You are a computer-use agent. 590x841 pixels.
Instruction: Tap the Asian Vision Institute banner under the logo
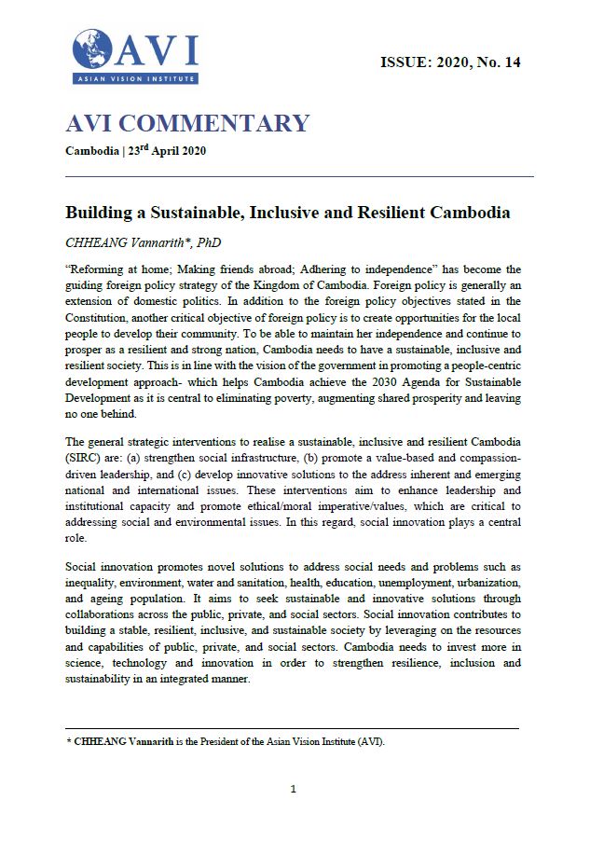(x=135, y=79)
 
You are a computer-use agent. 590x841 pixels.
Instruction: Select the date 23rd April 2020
(x=166, y=150)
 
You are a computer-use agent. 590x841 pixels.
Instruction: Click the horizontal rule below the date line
(x=299, y=176)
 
